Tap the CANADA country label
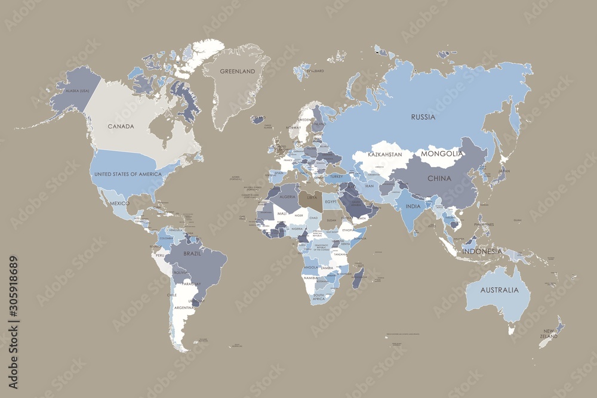point(120,127)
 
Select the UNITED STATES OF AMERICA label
point(128,174)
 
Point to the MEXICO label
point(119,203)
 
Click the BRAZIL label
point(192,253)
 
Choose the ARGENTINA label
point(183,307)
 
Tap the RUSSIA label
point(423,117)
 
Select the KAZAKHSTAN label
point(384,155)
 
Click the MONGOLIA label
point(442,153)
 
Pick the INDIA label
point(413,206)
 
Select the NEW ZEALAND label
point(549,333)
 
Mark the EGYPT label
point(331,202)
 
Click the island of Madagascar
point(359,278)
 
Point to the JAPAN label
point(504,171)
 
